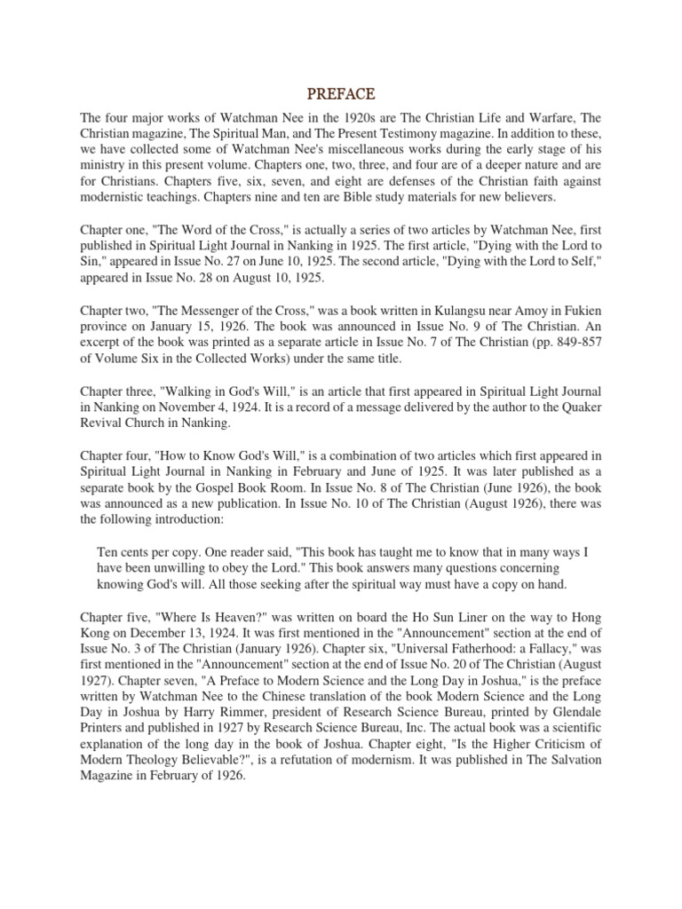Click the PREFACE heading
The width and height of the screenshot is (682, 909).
tap(341, 93)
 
